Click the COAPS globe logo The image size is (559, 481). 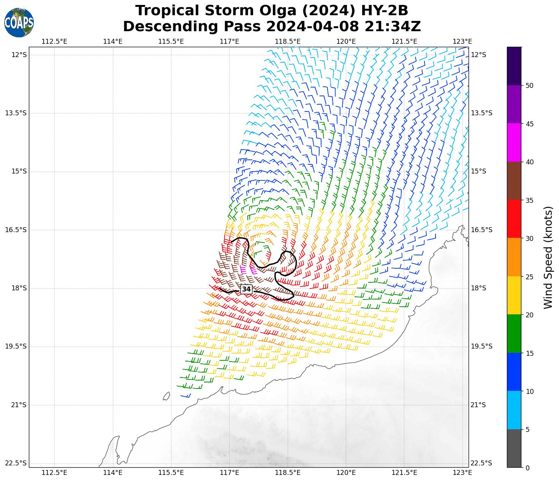tap(19, 22)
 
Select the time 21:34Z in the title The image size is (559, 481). tap(393, 27)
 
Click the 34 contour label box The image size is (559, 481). tap(246, 289)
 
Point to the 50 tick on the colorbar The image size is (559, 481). tap(529, 86)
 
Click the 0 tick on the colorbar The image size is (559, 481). tap(527, 468)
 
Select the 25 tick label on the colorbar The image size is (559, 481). tap(529, 277)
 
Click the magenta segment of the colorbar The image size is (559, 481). tap(514, 143)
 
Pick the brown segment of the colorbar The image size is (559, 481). tap(514, 181)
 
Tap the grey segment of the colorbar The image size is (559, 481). tap(514, 448)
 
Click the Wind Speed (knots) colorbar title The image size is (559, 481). tap(548, 257)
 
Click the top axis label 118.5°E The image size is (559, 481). tap(288, 41)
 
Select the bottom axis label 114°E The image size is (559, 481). tap(113, 473)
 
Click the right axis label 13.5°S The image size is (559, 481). tap(481, 113)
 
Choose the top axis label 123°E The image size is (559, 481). tap(462, 41)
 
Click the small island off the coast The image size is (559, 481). tap(166, 396)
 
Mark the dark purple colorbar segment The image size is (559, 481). tap(514, 66)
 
